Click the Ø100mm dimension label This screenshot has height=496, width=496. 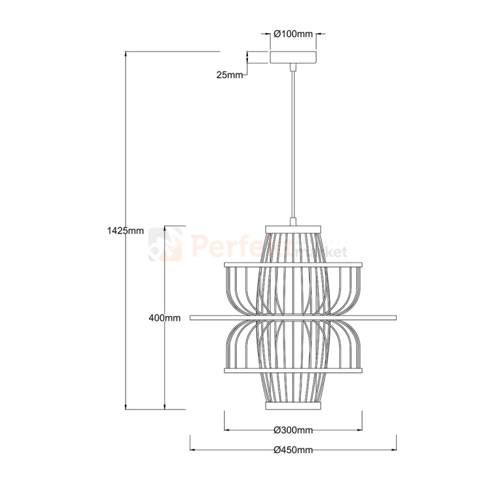coord(293,33)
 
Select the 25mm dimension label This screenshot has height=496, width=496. coord(229,75)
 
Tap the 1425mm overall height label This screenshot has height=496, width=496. coord(125,231)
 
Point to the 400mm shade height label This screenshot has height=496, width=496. coord(165,318)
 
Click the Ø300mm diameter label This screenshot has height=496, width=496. coord(293,431)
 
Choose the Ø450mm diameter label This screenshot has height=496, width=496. coord(293,450)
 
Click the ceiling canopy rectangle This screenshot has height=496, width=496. coord(293,58)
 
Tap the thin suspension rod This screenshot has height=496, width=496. coord(293,145)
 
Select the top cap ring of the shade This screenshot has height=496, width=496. coord(293,229)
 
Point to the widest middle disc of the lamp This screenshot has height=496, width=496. coord(293,318)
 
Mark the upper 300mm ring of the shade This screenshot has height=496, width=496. coord(293,265)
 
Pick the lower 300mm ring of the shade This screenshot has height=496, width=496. coord(293,370)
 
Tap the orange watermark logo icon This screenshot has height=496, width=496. coord(165,244)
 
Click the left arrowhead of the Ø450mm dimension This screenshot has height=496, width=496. coord(193,450)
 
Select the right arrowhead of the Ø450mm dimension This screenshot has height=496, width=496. coord(393,450)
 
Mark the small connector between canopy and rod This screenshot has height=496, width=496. coord(293,66)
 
